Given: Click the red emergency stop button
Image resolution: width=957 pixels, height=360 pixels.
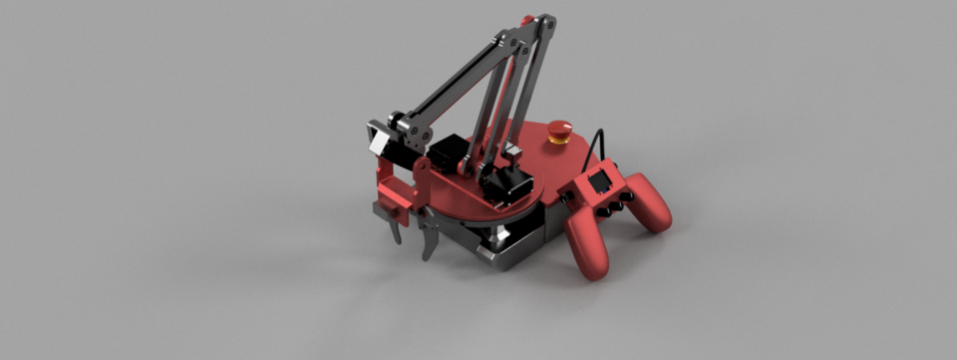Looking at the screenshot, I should click(x=560, y=128).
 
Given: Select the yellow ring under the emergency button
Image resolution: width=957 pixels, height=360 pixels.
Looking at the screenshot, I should click(x=560, y=140).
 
